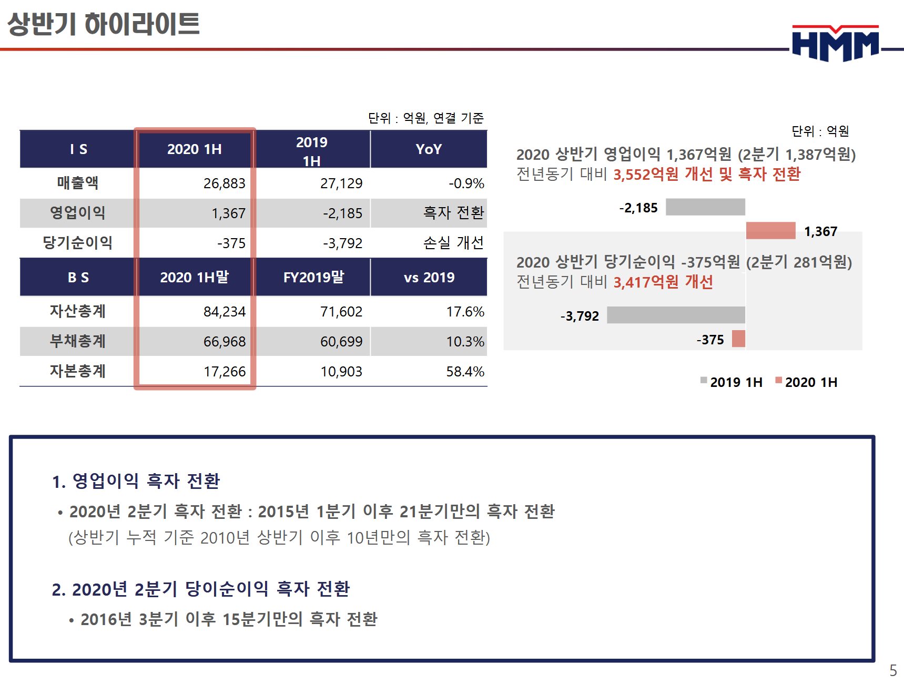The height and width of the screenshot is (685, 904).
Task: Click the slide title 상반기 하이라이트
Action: (x=104, y=24)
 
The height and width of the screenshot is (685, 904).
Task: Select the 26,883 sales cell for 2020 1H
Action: (x=224, y=183)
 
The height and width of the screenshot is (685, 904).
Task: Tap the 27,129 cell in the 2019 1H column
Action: (x=341, y=183)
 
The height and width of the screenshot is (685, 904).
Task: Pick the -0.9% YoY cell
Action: (x=466, y=183)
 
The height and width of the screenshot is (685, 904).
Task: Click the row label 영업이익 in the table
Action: (x=78, y=213)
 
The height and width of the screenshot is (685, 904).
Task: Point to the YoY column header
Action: (x=429, y=149)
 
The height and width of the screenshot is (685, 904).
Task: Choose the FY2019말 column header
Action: (x=313, y=277)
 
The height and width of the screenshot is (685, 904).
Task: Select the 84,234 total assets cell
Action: (x=224, y=312)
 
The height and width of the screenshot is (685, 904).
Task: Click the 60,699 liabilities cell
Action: (x=341, y=342)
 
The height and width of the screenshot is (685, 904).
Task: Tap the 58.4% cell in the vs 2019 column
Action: (x=465, y=372)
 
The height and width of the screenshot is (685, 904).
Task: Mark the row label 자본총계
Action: (x=78, y=371)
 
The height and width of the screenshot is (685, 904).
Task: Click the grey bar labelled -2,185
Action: (x=705, y=207)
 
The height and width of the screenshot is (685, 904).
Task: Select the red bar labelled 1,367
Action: (x=770, y=231)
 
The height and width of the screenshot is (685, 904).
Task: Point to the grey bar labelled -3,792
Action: (x=676, y=315)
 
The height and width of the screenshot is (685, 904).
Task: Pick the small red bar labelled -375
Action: (x=738, y=339)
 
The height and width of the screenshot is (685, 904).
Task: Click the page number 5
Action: (x=893, y=670)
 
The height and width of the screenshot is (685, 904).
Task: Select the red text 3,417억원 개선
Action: (x=663, y=282)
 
